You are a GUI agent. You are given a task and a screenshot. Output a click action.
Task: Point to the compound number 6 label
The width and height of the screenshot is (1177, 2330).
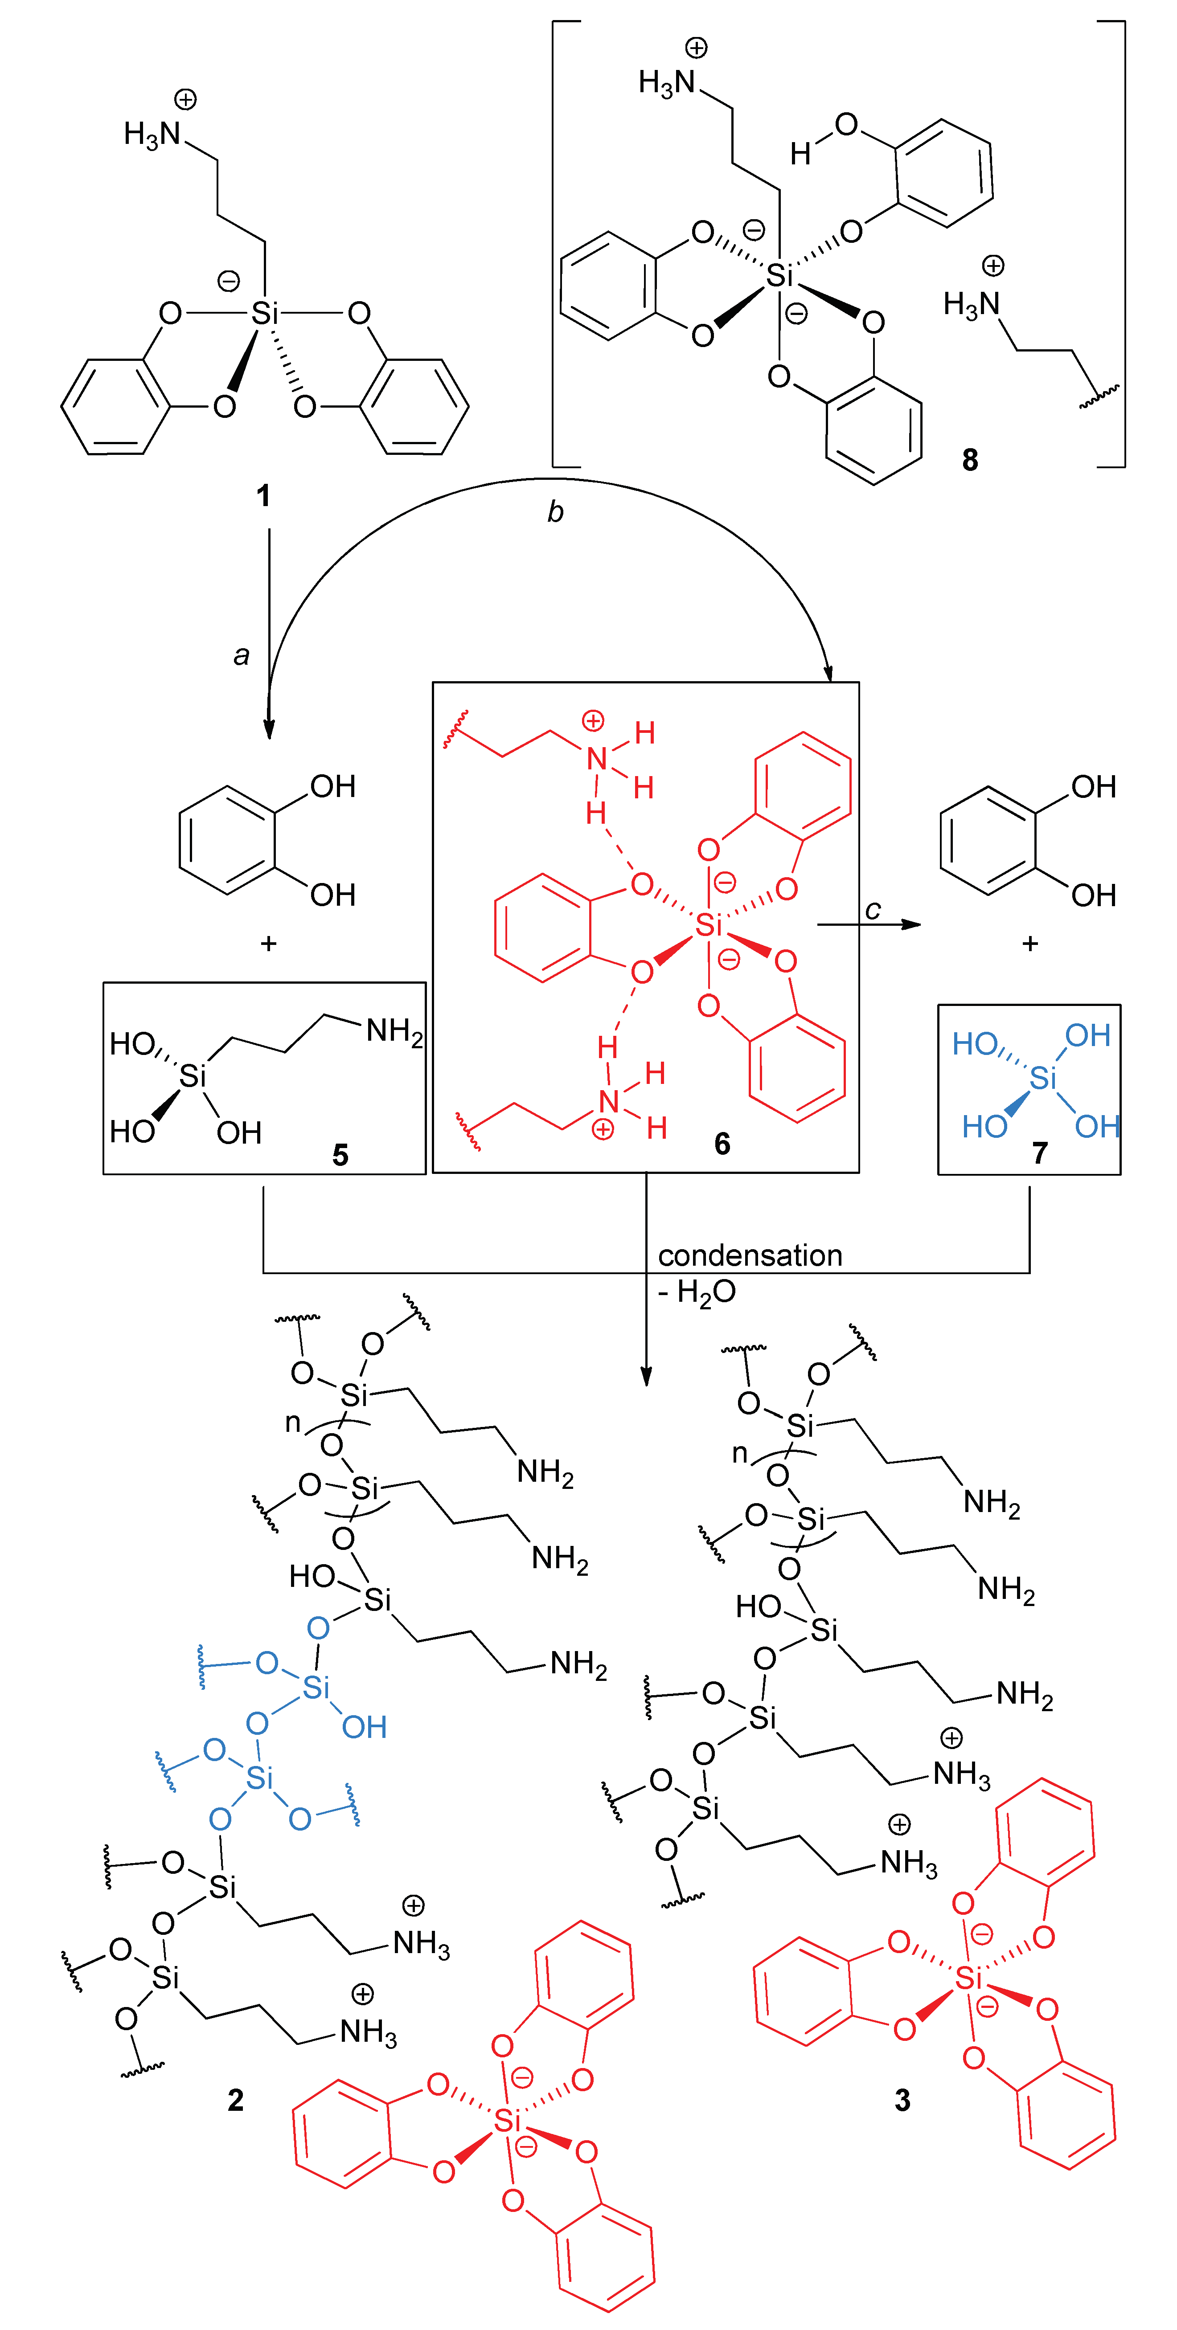722,1143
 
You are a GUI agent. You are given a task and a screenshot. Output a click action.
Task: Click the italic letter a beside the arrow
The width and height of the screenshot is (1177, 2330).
241,655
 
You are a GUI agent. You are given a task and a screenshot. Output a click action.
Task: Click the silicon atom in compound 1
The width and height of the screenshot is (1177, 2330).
264,313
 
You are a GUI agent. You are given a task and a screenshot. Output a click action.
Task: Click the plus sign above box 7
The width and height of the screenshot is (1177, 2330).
1029,944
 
